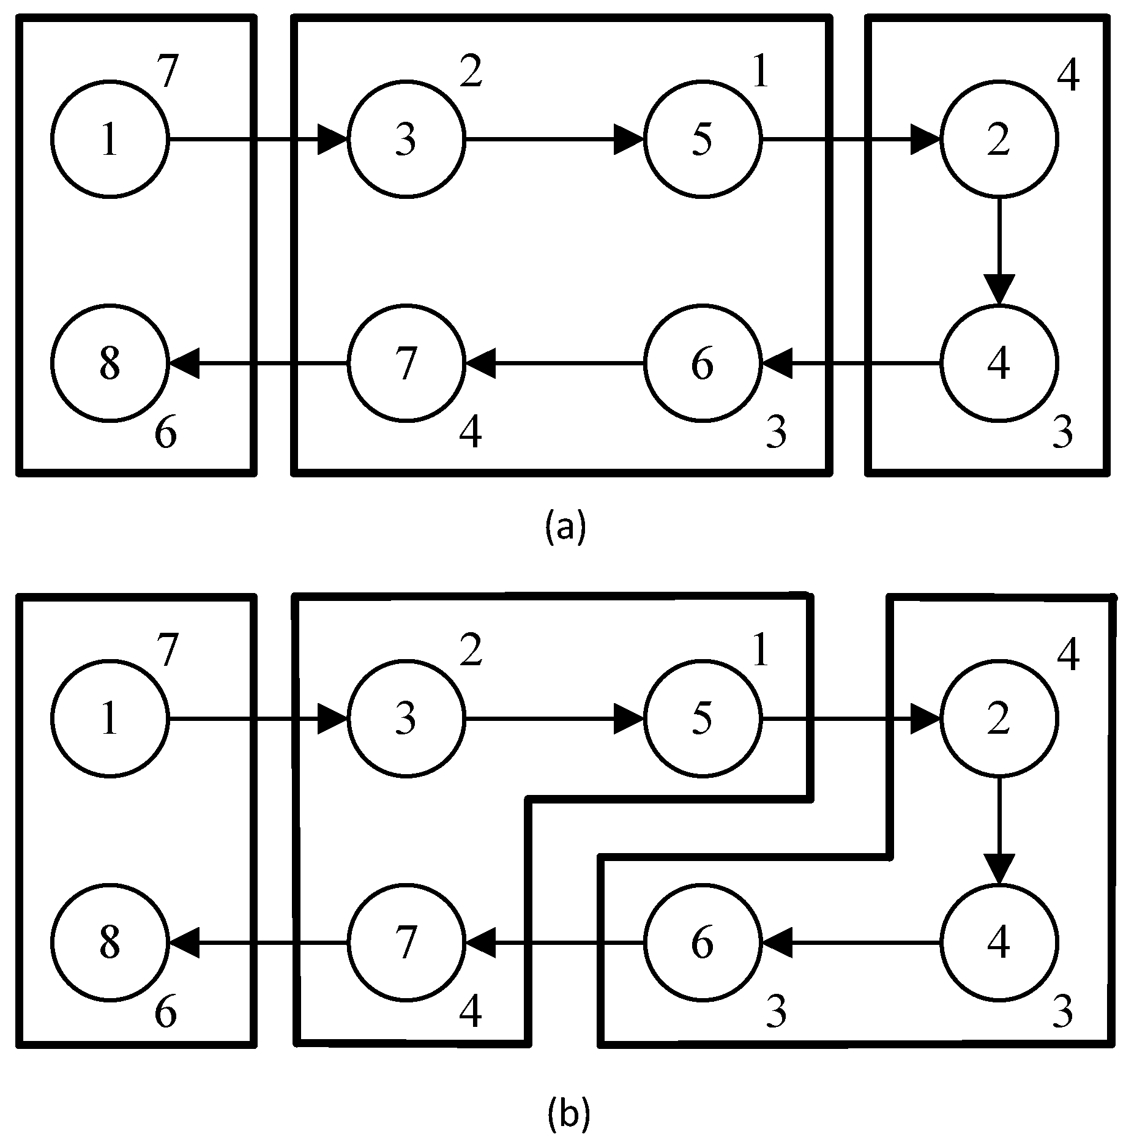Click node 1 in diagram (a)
(x=110, y=140)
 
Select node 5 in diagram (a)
(x=702, y=140)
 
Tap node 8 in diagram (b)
(x=110, y=943)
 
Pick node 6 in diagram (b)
(x=702, y=943)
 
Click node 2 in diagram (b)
(x=998, y=719)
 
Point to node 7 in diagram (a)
(x=406, y=364)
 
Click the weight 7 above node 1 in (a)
(x=166, y=72)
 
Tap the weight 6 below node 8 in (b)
(x=165, y=1012)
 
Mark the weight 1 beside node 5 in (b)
(x=761, y=651)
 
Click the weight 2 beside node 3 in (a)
(x=471, y=72)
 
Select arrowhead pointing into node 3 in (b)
(x=333, y=719)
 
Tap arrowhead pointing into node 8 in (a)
(x=184, y=364)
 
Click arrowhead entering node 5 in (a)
(x=629, y=140)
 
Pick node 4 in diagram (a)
(x=998, y=364)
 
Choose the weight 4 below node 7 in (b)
(x=471, y=1012)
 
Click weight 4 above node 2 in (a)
(x=1067, y=76)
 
